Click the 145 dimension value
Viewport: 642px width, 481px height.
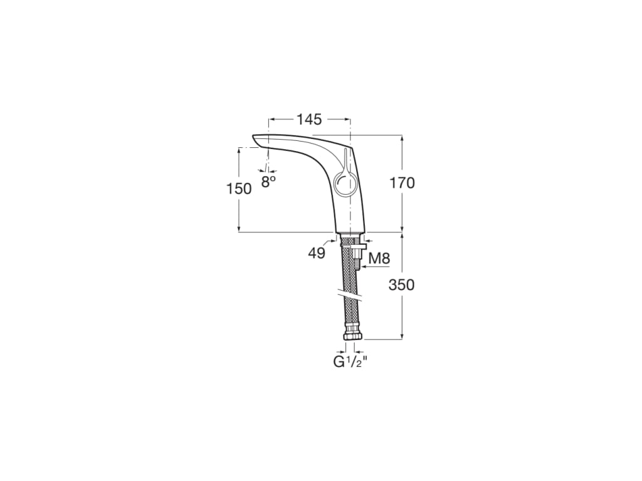(x=309, y=119)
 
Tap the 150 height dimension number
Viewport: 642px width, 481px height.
(x=239, y=188)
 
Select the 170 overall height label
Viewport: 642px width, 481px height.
(x=402, y=183)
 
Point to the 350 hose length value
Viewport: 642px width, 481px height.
(x=402, y=285)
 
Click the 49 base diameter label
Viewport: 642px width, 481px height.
(x=317, y=253)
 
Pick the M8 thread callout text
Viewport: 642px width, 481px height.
(x=378, y=257)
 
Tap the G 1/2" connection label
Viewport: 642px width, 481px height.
(x=350, y=361)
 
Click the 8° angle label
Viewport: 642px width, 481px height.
(x=269, y=182)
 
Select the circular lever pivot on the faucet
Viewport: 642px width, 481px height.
(x=344, y=184)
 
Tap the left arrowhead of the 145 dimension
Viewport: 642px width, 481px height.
(x=271, y=119)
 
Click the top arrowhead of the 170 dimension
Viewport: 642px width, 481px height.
(x=402, y=137)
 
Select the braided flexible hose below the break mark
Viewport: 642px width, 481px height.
(x=348, y=313)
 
